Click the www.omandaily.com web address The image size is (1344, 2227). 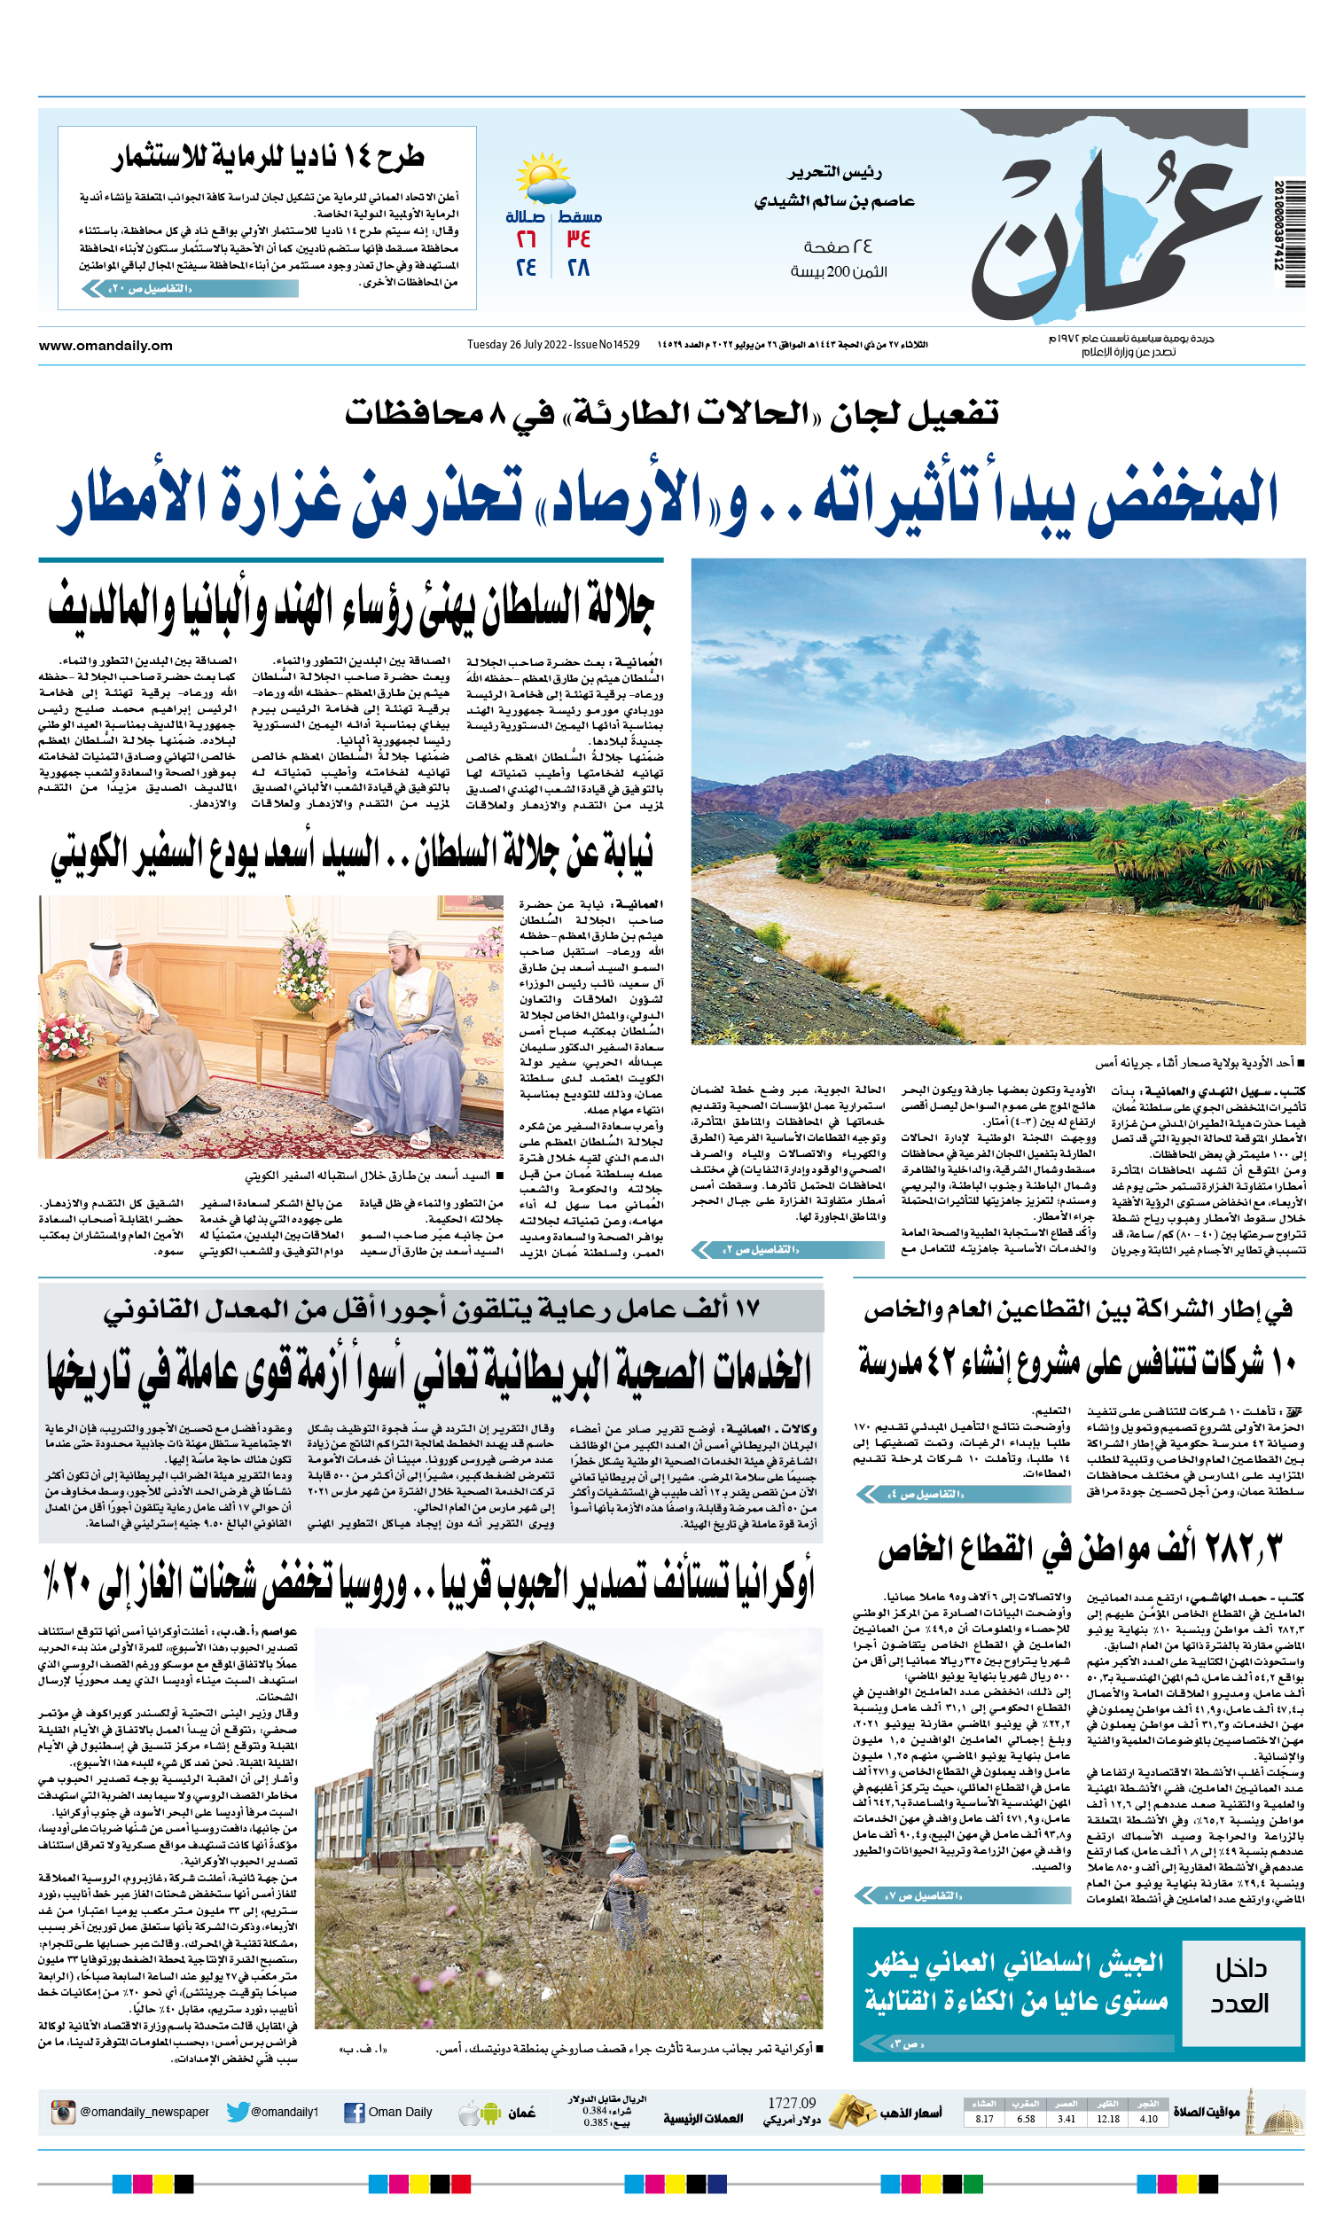pos(105,345)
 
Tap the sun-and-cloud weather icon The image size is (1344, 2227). pos(545,179)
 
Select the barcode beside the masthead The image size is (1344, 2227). pos(1294,233)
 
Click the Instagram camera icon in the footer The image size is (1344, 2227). pos(62,2113)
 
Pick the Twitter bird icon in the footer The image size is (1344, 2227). pos(238,2113)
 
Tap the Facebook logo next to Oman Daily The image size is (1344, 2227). pos(355,2113)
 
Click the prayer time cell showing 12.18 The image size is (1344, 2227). pos(1107,2119)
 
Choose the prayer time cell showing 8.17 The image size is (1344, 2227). pos(984,2119)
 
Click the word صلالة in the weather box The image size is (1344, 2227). pos(527,217)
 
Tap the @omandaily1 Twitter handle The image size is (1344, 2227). pos(284,2113)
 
